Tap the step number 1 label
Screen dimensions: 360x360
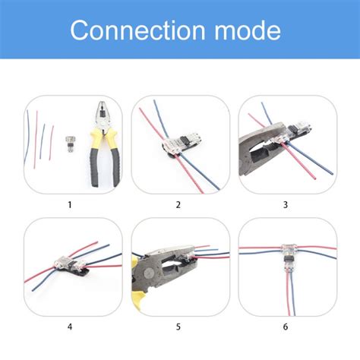(x=70, y=204)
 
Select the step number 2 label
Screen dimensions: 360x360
(x=179, y=204)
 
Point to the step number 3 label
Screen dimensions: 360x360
(x=286, y=204)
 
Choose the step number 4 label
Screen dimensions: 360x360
(x=70, y=327)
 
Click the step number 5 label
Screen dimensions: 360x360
(x=179, y=327)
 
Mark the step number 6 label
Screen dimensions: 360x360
(x=286, y=327)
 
